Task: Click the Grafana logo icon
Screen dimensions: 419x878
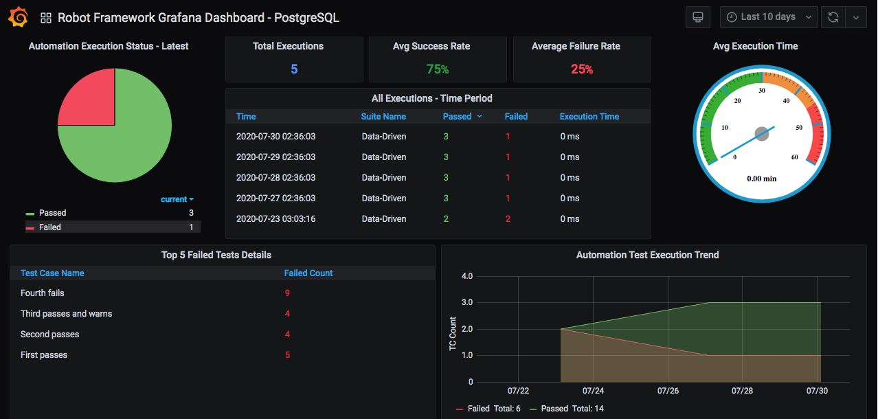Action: pyautogui.click(x=18, y=17)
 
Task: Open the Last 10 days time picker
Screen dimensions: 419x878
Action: pyautogui.click(x=769, y=17)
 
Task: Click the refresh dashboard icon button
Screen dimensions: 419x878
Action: pyautogui.click(x=833, y=17)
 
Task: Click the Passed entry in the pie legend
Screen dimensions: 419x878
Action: pyautogui.click(x=52, y=213)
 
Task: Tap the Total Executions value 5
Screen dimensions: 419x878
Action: pyautogui.click(x=294, y=69)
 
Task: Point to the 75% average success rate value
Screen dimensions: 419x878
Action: pyautogui.click(x=438, y=69)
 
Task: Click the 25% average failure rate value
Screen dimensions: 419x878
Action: pyautogui.click(x=582, y=69)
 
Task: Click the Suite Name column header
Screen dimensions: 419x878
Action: pyautogui.click(x=383, y=117)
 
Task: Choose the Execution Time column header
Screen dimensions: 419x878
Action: pyautogui.click(x=589, y=117)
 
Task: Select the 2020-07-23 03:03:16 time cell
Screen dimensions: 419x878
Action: pyautogui.click(x=275, y=219)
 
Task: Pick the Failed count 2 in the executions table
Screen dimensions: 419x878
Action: pyautogui.click(x=508, y=219)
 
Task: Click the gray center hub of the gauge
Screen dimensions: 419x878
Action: pyautogui.click(x=762, y=134)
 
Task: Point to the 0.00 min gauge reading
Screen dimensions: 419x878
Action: pyautogui.click(x=762, y=179)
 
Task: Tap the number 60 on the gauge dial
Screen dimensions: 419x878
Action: pyautogui.click(x=795, y=157)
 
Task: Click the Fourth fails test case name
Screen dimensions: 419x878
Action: pyautogui.click(x=43, y=293)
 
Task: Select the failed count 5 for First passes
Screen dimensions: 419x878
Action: pyautogui.click(x=287, y=355)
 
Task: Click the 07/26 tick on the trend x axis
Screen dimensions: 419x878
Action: pyautogui.click(x=668, y=391)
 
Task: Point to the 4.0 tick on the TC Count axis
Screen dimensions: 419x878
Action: pyautogui.click(x=467, y=276)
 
